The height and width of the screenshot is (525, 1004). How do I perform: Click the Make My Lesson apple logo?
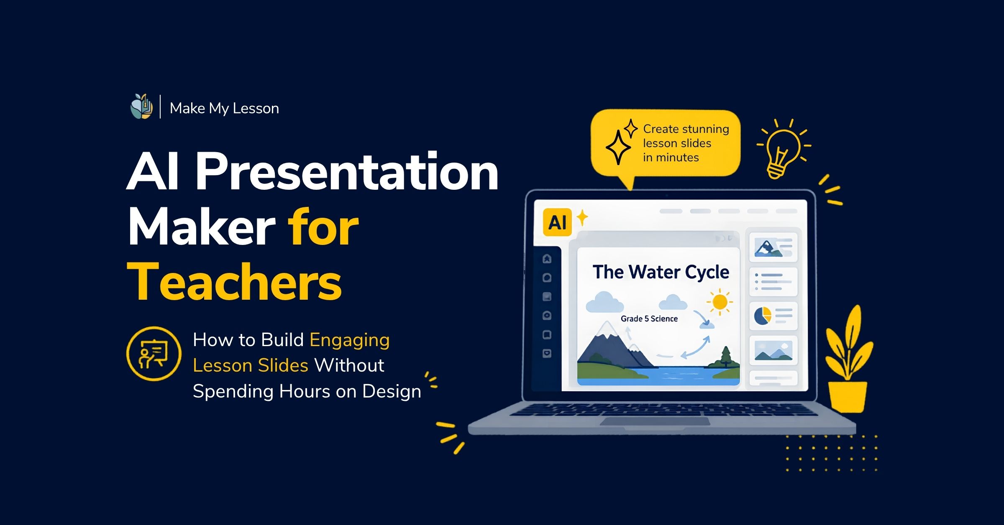[x=141, y=107]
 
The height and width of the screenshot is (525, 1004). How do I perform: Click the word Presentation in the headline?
[x=347, y=172]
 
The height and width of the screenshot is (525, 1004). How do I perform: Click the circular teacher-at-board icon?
[x=154, y=354]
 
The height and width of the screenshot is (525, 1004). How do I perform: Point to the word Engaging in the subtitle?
[x=350, y=340]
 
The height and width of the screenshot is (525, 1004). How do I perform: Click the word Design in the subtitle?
[x=392, y=392]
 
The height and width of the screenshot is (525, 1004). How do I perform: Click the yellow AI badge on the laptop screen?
[x=557, y=222]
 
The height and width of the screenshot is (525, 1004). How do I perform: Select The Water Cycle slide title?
[x=661, y=272]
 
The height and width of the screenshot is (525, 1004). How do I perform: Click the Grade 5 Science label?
[x=649, y=319]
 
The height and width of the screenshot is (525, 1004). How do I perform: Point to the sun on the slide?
[x=720, y=301]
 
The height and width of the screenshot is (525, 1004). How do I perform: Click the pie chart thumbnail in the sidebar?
[x=773, y=316]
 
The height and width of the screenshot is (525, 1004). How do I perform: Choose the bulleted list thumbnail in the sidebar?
[x=773, y=282]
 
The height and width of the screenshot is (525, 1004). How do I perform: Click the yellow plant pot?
[x=848, y=397]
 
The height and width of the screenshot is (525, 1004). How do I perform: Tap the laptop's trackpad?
[x=655, y=421]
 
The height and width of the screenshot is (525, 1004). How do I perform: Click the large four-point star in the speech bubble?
[x=618, y=147]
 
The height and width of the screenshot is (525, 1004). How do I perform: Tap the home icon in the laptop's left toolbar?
[x=547, y=259]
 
